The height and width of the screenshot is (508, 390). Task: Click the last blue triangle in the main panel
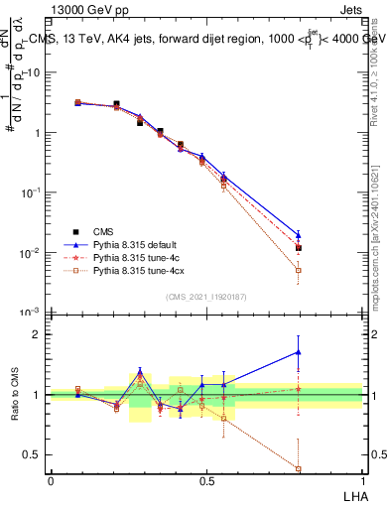tap(298, 235)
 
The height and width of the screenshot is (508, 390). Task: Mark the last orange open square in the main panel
tap(298, 270)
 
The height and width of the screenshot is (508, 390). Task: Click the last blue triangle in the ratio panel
tap(298, 351)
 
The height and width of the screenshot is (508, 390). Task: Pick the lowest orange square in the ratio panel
tap(298, 468)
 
